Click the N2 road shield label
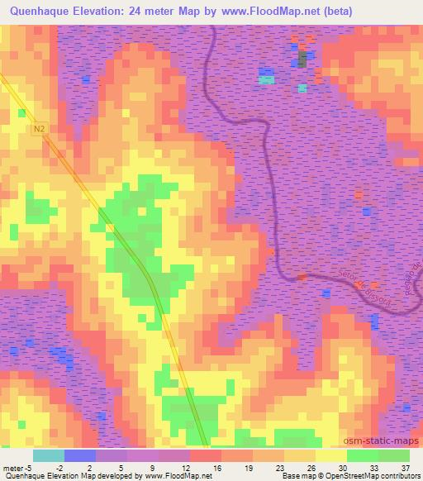click(x=40, y=130)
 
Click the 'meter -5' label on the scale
click(x=17, y=467)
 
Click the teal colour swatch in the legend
click(x=48, y=455)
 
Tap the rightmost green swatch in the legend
click(x=393, y=455)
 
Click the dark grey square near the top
click(x=302, y=58)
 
